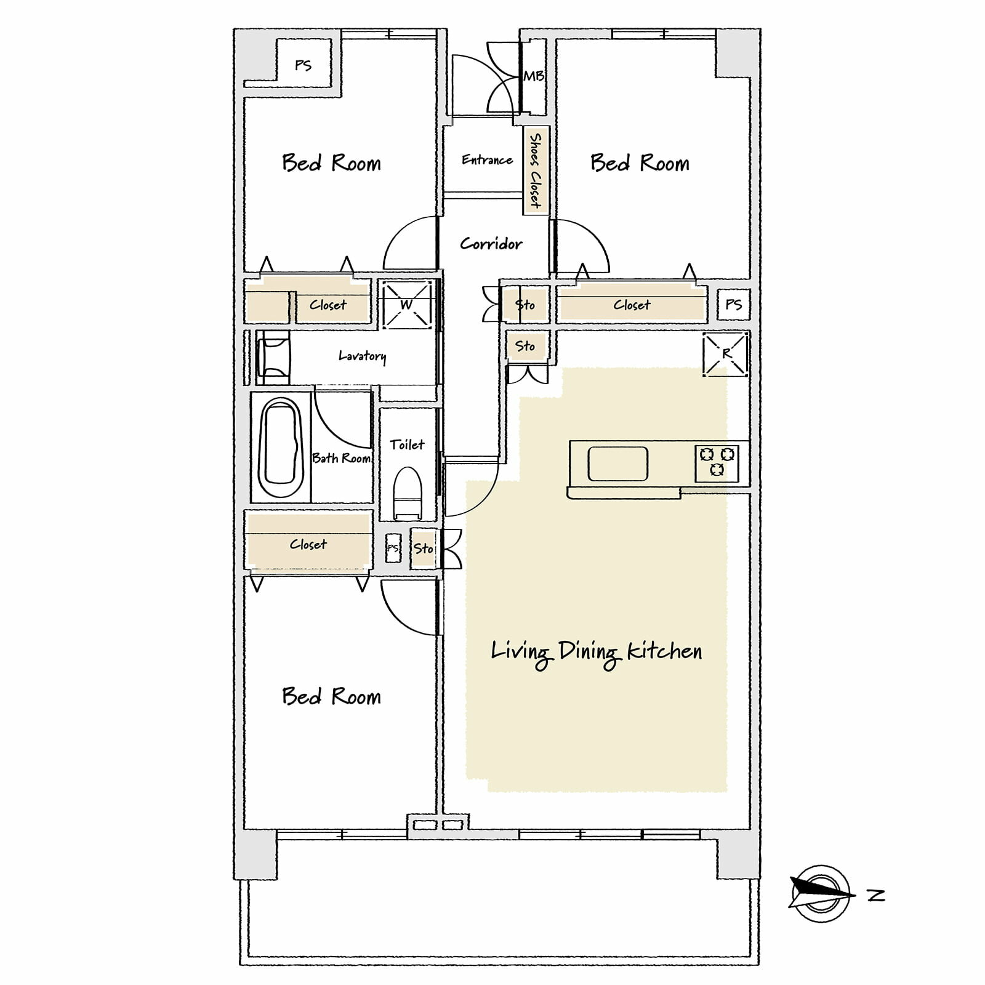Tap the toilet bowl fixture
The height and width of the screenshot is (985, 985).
pyautogui.click(x=407, y=492)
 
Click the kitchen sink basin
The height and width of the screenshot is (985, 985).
pyautogui.click(x=617, y=464)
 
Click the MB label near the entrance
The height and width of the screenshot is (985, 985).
pyautogui.click(x=534, y=76)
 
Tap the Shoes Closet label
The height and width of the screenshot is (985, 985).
pyautogui.click(x=536, y=171)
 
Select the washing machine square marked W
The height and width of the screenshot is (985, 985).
pyautogui.click(x=406, y=304)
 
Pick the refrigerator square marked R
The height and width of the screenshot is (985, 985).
pyautogui.click(x=726, y=353)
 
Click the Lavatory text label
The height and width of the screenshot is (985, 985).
pyautogui.click(x=363, y=356)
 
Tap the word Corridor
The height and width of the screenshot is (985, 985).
pyautogui.click(x=491, y=244)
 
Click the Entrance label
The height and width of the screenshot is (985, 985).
pyautogui.click(x=487, y=160)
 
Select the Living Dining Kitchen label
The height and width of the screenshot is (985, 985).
pyautogui.click(x=597, y=653)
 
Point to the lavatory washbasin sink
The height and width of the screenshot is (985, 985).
pyautogui.click(x=273, y=356)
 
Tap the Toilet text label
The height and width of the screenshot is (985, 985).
pyautogui.click(x=407, y=444)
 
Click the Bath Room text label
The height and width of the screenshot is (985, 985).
pyautogui.click(x=342, y=458)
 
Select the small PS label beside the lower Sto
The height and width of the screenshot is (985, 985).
pyautogui.click(x=393, y=548)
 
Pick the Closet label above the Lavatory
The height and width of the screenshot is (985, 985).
pyautogui.click(x=328, y=305)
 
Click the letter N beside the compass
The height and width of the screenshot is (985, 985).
pyautogui.click(x=876, y=895)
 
